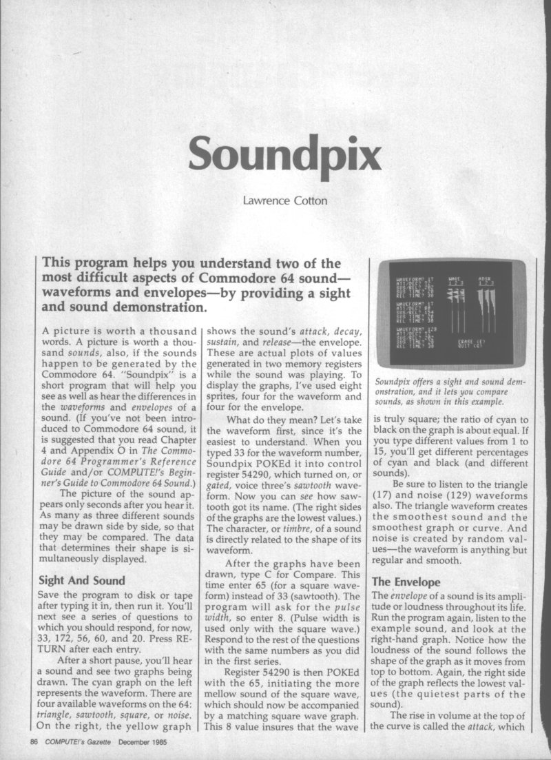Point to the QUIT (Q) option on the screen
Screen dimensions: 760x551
470,347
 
